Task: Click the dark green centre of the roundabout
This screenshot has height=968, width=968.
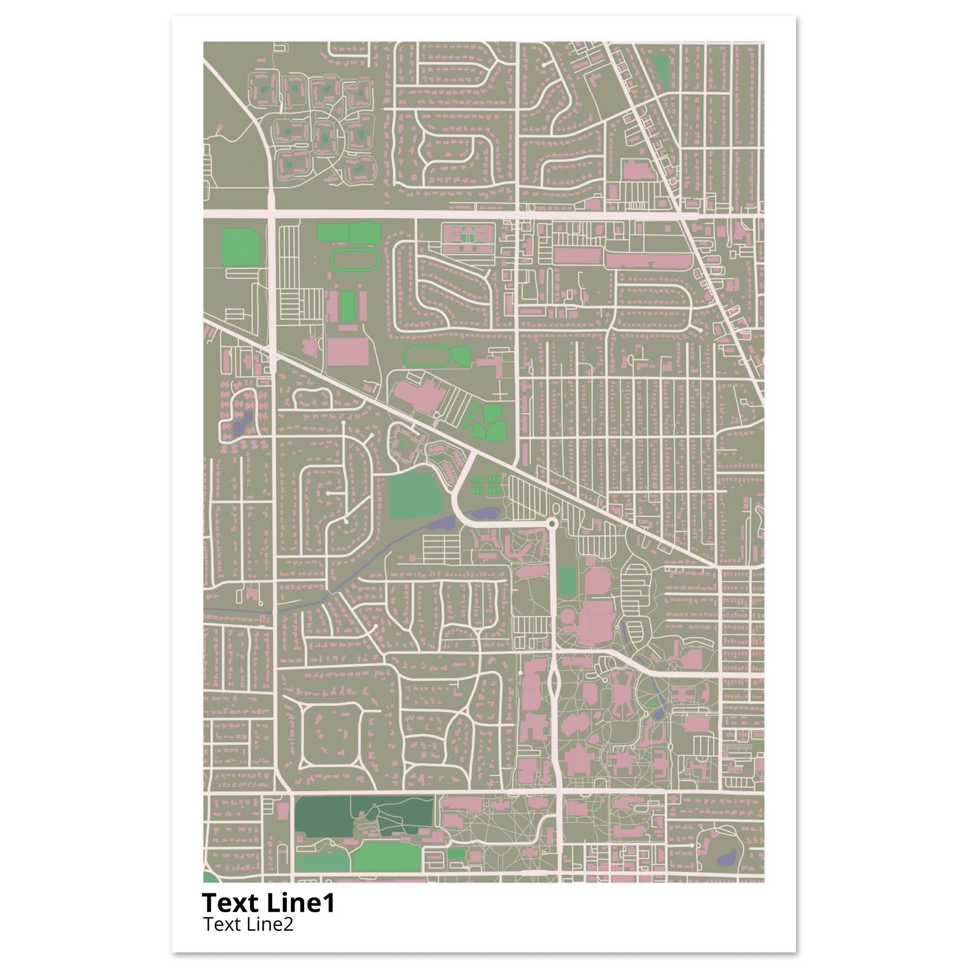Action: (552, 524)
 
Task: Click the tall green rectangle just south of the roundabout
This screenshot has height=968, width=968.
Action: (568, 581)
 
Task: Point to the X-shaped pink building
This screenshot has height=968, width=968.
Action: (628, 706)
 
